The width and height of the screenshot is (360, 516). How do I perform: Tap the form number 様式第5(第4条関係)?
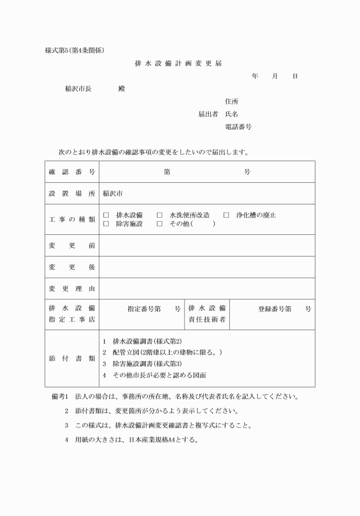pyautogui.click(x=74, y=50)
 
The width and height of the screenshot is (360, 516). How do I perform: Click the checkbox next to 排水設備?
pyautogui.click(x=106, y=215)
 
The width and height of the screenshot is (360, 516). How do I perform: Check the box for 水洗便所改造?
pyautogui.click(x=159, y=215)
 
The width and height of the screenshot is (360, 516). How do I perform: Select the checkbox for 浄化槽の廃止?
pyautogui.click(x=226, y=215)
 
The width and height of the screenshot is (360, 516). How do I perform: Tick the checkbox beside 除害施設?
pyautogui.click(x=106, y=224)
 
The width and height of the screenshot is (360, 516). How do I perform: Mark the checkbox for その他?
pyautogui.click(x=159, y=224)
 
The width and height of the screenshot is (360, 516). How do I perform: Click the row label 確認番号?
pyautogui.click(x=71, y=172)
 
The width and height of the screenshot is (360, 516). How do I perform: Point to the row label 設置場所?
pyautogui.click(x=71, y=194)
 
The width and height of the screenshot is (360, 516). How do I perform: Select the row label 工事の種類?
pyautogui.click(x=71, y=219)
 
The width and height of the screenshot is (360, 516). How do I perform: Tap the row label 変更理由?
pyautogui.click(x=71, y=289)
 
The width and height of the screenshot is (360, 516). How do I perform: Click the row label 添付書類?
pyautogui.click(x=71, y=358)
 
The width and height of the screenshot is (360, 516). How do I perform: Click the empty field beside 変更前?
pyautogui.click(x=207, y=245)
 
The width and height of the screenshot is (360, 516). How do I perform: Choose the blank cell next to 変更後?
pyautogui.click(x=207, y=267)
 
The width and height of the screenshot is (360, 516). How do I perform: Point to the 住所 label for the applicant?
pyautogui.click(x=232, y=101)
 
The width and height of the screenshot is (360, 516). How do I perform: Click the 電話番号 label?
pyautogui.click(x=238, y=126)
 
